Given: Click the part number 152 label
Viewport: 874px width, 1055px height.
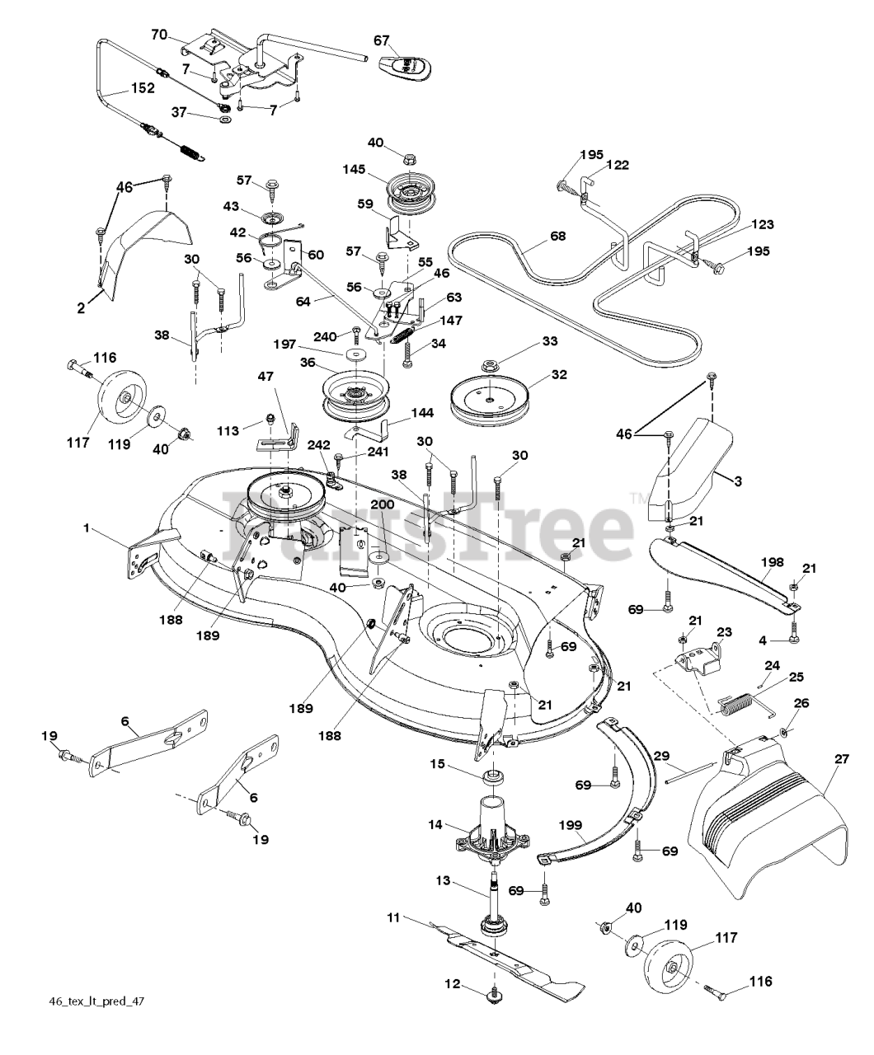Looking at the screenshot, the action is pos(143,88).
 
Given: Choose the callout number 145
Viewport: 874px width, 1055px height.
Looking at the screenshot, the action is pos(354,169).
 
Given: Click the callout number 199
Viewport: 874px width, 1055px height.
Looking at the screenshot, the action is pos(571,824).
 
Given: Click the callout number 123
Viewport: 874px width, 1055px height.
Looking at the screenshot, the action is pos(763,224).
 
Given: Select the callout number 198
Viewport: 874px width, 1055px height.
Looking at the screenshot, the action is pos(772,562).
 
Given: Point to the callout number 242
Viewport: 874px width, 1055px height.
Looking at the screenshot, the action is pos(318,444).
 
